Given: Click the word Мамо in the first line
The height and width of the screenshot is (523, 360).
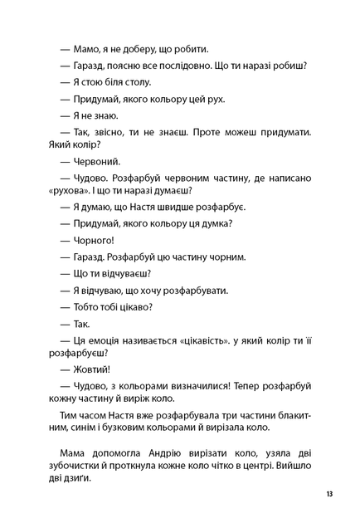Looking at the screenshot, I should click(x=89, y=48).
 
